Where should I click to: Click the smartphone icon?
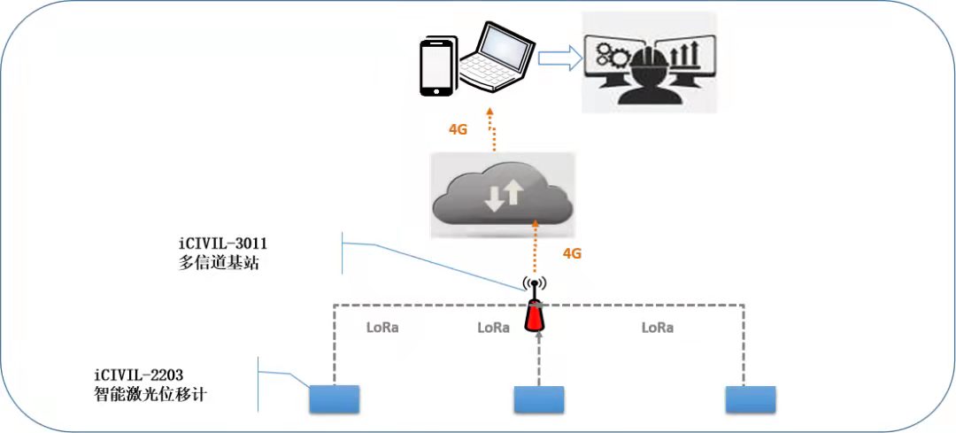tap(435, 66)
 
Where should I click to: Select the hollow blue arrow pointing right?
tap(559, 58)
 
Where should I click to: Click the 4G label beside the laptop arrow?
tap(458, 128)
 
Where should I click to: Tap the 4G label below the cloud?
tap(573, 253)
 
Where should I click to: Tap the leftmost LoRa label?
tap(382, 327)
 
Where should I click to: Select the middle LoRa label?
tap(493, 327)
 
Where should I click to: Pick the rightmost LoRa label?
tap(657, 327)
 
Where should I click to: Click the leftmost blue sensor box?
tap(335, 399)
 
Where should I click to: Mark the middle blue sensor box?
tap(539, 400)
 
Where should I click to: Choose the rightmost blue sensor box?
tap(750, 399)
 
